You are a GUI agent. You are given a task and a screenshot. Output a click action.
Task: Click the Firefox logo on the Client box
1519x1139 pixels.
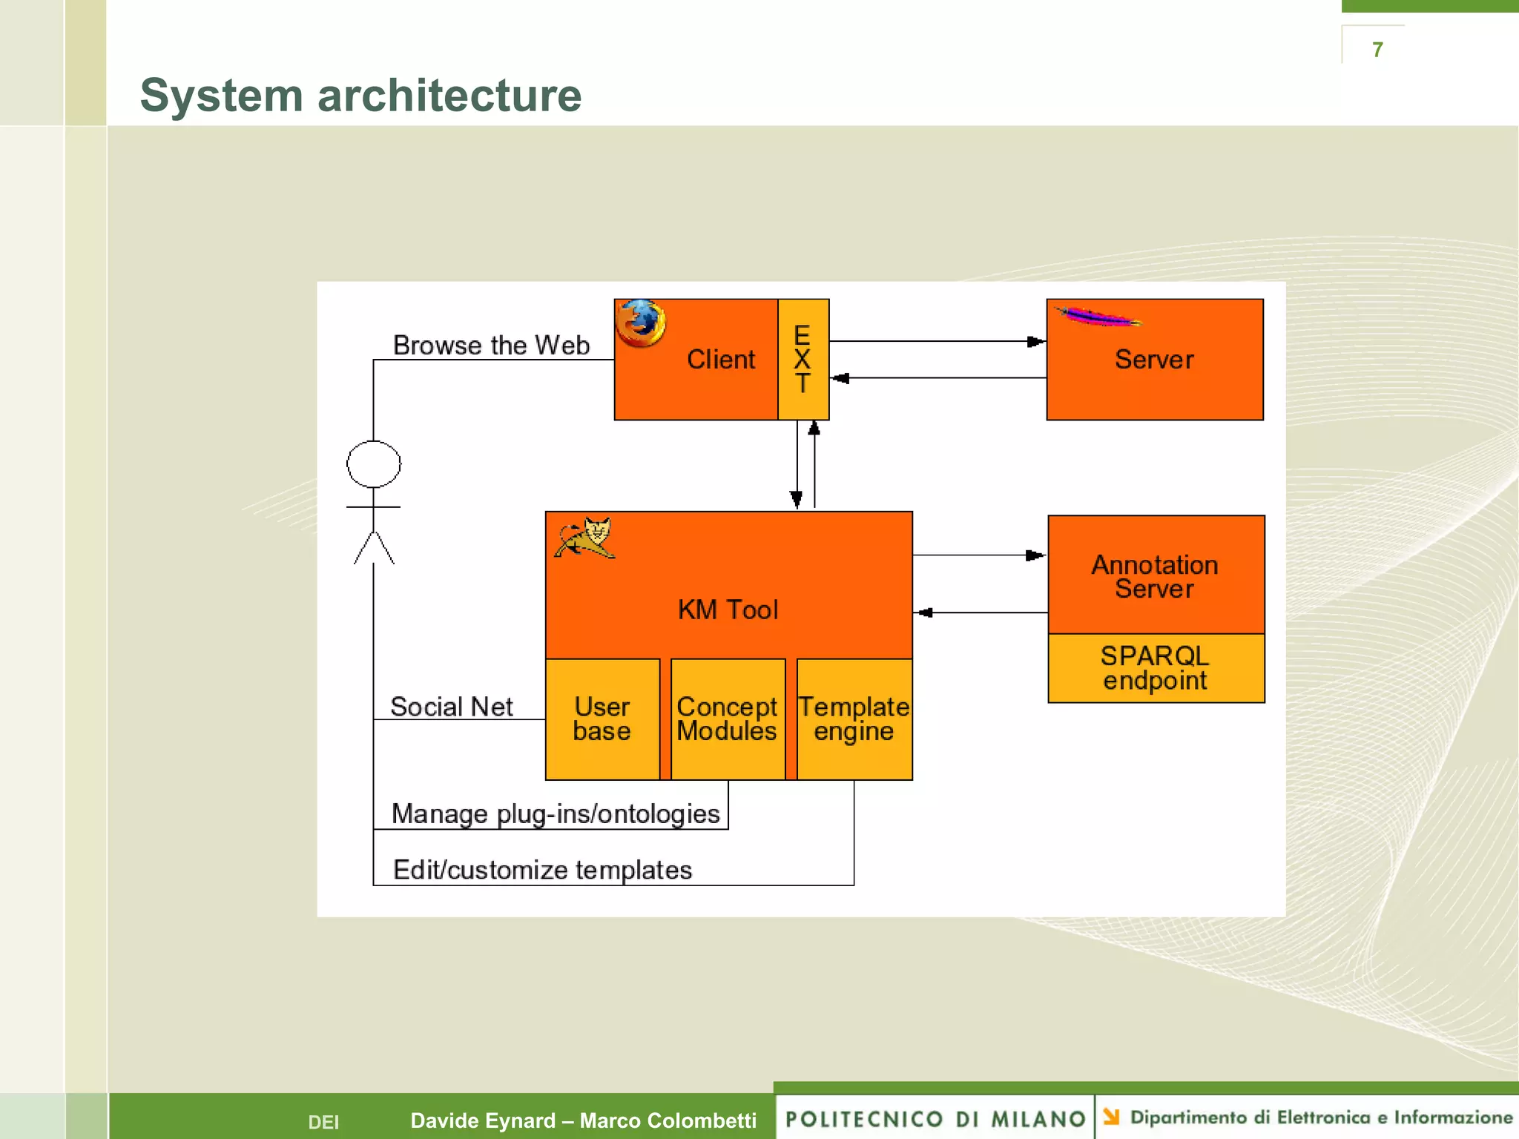click(x=641, y=323)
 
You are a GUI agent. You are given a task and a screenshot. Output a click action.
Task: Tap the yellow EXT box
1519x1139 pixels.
click(x=803, y=360)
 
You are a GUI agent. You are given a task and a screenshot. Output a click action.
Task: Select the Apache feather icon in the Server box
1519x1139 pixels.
click(x=1098, y=318)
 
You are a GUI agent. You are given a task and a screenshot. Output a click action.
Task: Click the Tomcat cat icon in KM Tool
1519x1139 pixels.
click(x=586, y=538)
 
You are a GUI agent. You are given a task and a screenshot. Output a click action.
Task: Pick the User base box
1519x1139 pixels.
click(x=602, y=719)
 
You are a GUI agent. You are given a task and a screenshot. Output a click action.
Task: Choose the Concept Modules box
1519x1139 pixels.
click(x=727, y=719)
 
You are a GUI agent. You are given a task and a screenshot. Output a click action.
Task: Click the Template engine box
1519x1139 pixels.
click(x=854, y=719)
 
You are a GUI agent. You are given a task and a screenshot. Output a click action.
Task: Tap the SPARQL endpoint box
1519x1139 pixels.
click(x=1156, y=668)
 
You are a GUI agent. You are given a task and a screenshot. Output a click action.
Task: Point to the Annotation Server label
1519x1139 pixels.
click(x=1155, y=577)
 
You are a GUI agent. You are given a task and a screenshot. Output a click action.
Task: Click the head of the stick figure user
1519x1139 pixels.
click(x=374, y=464)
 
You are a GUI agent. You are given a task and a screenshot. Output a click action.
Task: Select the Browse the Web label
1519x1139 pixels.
click(x=491, y=346)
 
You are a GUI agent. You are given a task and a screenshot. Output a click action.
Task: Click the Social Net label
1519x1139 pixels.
click(x=452, y=707)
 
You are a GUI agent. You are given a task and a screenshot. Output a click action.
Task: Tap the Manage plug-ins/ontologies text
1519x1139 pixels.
click(x=556, y=814)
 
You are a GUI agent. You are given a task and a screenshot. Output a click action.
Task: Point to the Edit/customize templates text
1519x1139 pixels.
click(x=542, y=870)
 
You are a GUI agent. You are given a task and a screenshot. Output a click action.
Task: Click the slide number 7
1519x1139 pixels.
click(x=1377, y=50)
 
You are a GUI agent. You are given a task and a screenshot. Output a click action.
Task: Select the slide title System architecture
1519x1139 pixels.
click(x=360, y=96)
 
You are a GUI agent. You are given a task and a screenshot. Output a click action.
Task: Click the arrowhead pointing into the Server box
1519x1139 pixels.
click(x=1036, y=342)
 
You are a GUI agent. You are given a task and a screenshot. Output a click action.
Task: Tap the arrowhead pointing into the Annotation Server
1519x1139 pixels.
click(x=1035, y=555)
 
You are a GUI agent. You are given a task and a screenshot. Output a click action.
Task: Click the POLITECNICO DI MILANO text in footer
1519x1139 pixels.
click(x=935, y=1119)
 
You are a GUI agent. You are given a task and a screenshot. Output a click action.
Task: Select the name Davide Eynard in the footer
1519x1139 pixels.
click(x=483, y=1120)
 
